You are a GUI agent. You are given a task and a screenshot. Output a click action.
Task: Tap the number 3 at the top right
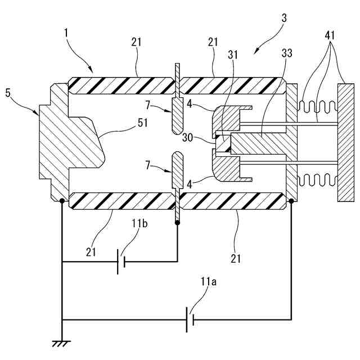(x=284, y=19)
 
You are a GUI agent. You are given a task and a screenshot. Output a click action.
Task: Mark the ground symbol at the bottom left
(x=61, y=343)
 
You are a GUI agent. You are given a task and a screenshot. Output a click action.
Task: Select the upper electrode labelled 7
(x=177, y=115)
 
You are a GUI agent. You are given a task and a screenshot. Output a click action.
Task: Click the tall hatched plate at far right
(x=345, y=142)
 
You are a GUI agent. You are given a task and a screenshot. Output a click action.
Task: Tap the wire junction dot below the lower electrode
(x=177, y=223)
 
